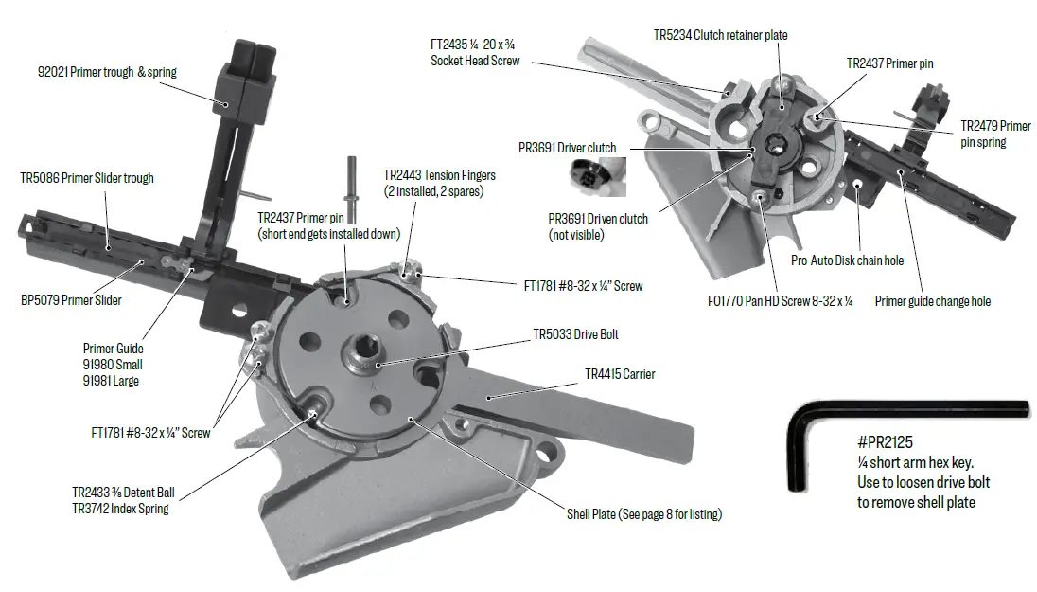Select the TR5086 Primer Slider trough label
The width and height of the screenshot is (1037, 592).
coord(87,178)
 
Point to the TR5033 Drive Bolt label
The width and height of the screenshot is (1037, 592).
coord(577,334)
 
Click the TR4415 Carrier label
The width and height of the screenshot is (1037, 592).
coord(619,374)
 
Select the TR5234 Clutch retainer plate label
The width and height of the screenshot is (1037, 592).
coord(720,35)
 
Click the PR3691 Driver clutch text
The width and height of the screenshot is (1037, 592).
coord(567,148)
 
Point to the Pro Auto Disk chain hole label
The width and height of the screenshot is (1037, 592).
coord(847,260)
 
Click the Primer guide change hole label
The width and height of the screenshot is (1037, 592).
coord(932,301)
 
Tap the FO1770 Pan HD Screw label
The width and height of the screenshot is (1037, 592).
coord(794,301)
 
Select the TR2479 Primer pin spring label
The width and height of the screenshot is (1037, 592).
coord(994,134)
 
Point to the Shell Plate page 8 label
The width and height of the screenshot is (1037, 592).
coord(644,514)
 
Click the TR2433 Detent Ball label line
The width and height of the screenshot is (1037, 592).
coord(121,493)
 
